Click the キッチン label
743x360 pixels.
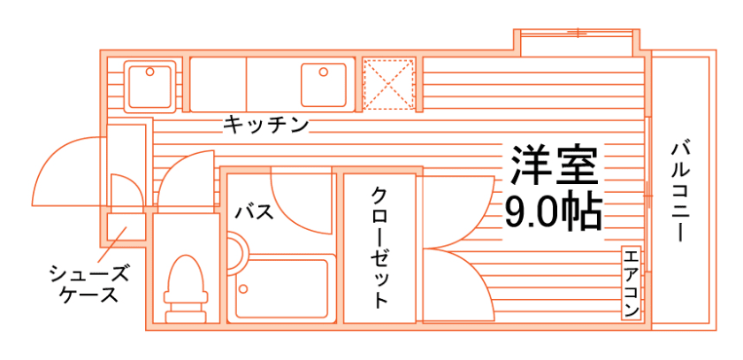(x=265, y=125)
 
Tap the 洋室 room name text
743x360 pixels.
(x=554, y=165)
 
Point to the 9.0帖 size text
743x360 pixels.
(x=554, y=211)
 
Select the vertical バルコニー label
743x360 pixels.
(x=680, y=191)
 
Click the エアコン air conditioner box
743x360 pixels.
(x=631, y=283)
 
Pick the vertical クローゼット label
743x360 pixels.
(x=379, y=248)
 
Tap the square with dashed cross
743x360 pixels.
(x=388, y=85)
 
